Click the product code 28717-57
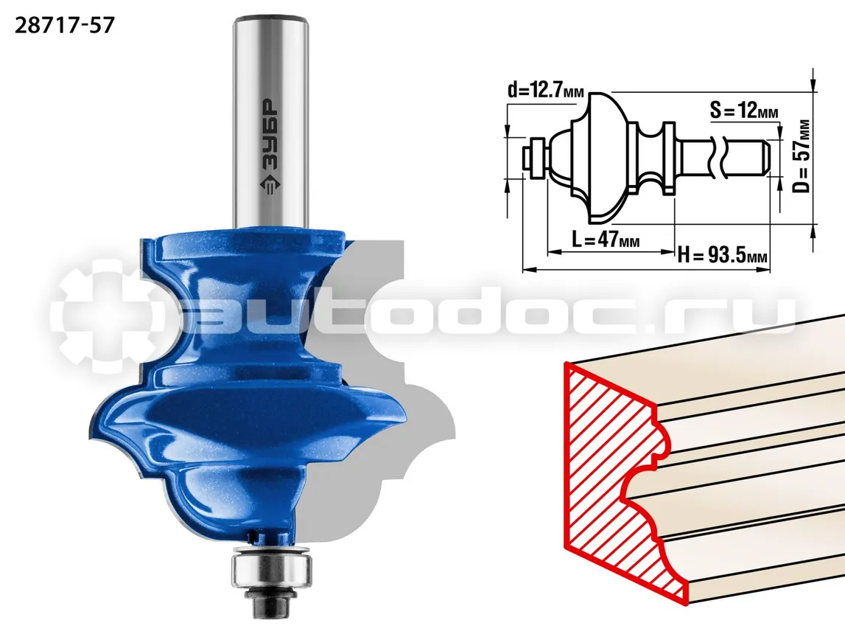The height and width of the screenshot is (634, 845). [65, 25]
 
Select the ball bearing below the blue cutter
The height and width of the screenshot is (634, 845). [272, 566]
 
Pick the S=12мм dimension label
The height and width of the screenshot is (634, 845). [743, 111]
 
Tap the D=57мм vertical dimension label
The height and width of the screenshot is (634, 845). [802, 156]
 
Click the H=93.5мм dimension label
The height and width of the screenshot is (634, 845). [722, 254]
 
